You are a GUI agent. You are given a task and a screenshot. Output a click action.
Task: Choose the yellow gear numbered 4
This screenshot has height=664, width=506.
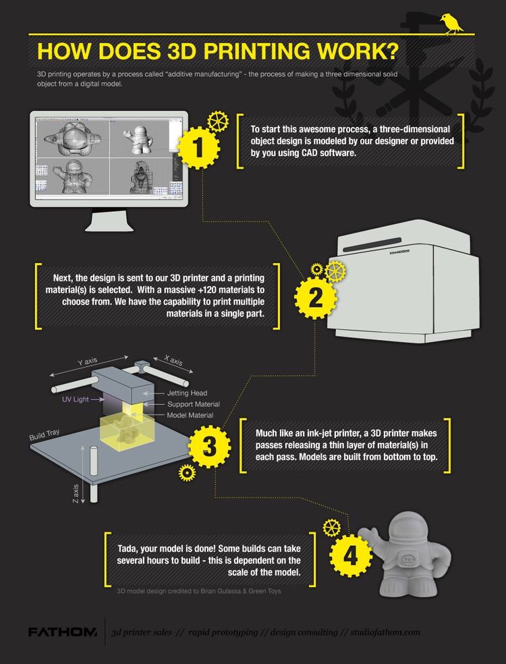351,555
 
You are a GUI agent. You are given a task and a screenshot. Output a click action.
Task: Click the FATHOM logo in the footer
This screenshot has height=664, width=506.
63,632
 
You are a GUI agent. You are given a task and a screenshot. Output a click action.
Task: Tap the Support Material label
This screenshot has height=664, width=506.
193,404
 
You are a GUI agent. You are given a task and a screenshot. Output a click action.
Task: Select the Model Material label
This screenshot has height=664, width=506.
190,415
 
